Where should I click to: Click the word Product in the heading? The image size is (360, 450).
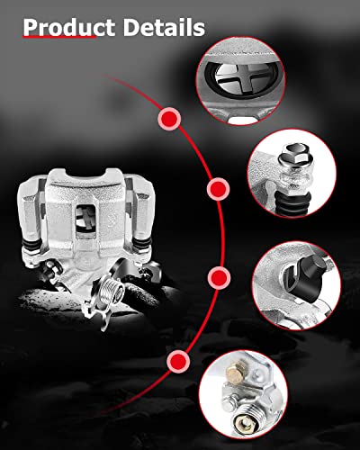click(70, 28)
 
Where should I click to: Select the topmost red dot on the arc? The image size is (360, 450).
click(168, 118)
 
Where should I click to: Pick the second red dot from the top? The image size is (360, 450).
click(217, 190)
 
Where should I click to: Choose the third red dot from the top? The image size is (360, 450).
click(216, 275)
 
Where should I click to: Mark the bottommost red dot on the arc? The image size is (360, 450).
click(177, 362)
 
